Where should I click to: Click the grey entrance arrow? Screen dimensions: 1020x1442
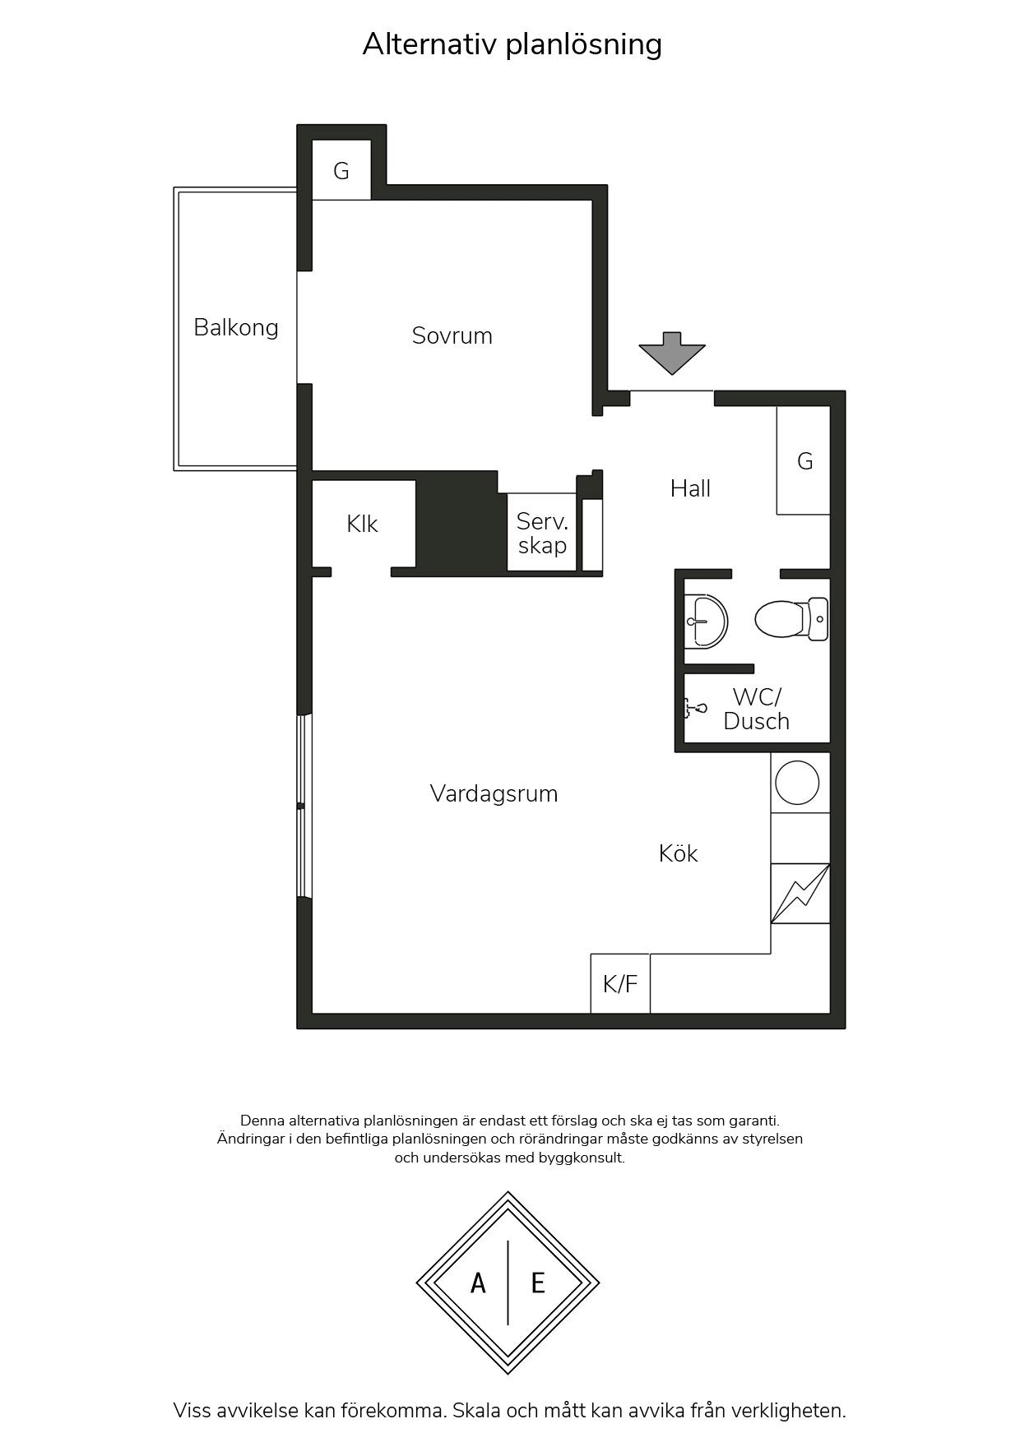(x=672, y=352)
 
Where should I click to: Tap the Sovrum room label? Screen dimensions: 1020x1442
(x=452, y=335)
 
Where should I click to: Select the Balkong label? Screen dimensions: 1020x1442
(x=236, y=327)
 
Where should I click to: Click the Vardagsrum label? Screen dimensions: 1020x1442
(x=494, y=793)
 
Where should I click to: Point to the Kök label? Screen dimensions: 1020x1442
(x=678, y=853)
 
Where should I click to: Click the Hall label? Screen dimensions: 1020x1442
(x=690, y=488)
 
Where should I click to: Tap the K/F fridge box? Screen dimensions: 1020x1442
(x=620, y=983)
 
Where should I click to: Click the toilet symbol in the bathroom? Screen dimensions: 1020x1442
(x=790, y=619)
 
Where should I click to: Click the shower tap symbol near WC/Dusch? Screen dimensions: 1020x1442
(x=695, y=707)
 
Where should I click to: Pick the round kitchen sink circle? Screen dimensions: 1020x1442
(x=797, y=783)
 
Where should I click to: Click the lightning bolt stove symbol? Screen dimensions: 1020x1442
(x=800, y=894)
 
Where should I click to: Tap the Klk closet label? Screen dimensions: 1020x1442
(x=362, y=524)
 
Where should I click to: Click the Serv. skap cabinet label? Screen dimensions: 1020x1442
(x=542, y=533)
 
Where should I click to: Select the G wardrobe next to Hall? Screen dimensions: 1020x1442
(x=804, y=460)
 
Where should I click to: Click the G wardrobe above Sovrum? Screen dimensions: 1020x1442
(x=341, y=170)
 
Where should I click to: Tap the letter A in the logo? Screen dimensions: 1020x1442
(x=478, y=1283)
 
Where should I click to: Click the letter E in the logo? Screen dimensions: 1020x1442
(x=538, y=1283)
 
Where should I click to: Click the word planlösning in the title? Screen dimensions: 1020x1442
(x=583, y=44)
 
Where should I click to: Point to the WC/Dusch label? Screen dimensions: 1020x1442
(x=756, y=709)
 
